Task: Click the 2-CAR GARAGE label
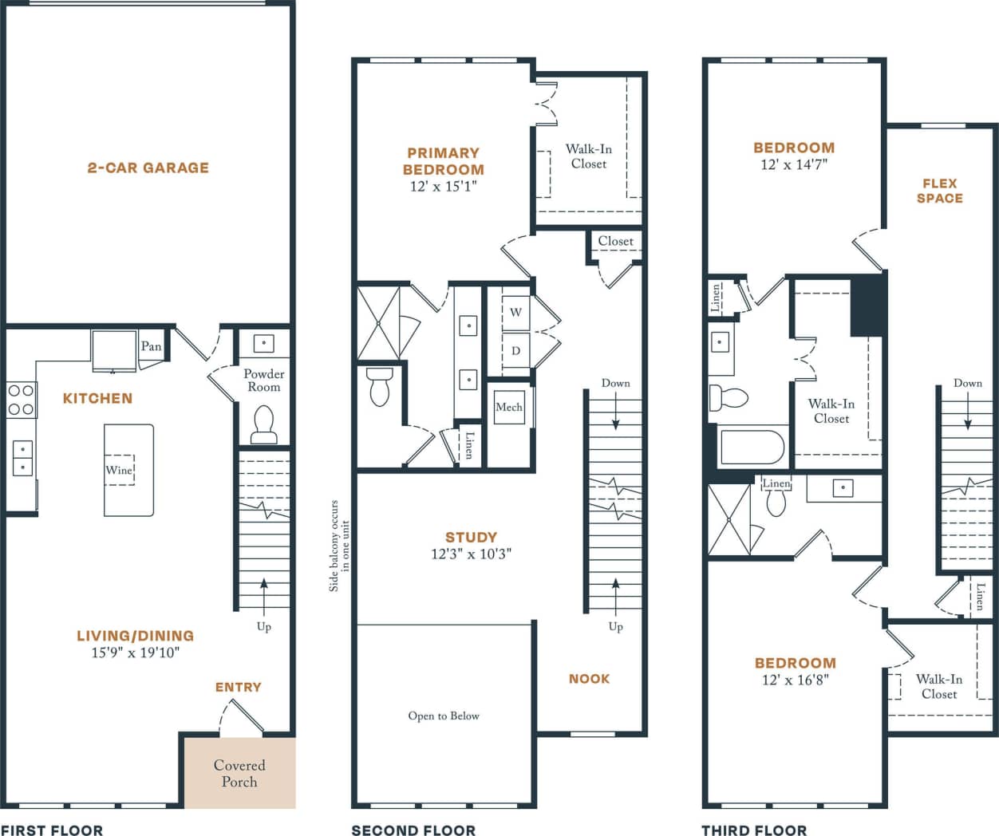148,168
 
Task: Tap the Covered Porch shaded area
239,773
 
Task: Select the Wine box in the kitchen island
119,470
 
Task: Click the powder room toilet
263,424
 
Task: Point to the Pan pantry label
151,346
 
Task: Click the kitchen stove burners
21,400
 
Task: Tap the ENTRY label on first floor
238,687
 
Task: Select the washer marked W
515,312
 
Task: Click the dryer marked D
515,350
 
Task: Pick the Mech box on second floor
508,408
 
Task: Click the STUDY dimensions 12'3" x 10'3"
471,554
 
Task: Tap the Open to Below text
444,716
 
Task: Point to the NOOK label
589,679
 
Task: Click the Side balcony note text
339,546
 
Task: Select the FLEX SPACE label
939,191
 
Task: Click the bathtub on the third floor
751,448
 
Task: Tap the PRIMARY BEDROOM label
443,161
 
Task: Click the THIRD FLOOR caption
753,830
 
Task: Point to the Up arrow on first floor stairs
264,594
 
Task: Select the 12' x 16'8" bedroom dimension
795,680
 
